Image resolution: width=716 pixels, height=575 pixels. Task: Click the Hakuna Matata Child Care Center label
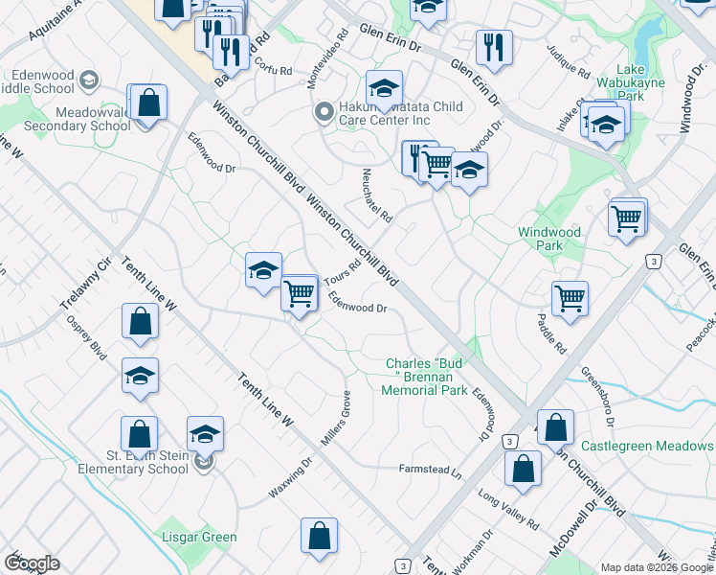coord(395,112)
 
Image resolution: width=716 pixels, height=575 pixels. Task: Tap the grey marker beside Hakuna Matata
coord(324,112)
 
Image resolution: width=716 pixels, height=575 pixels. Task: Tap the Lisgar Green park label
coord(199,537)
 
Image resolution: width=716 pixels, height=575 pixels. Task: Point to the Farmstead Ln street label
coord(430,471)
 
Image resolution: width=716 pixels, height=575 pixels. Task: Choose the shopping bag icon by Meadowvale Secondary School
coord(148,102)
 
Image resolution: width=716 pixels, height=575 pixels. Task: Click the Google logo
coord(32,563)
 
